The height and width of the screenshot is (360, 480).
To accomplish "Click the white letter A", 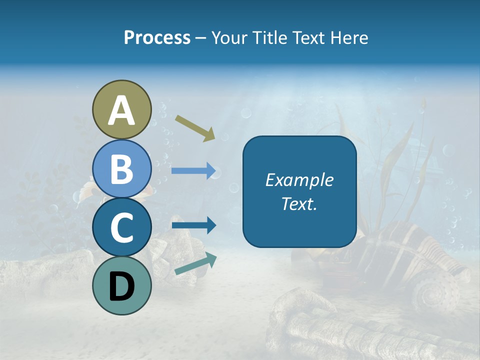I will point(121,110).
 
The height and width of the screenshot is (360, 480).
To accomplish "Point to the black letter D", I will point(121,286).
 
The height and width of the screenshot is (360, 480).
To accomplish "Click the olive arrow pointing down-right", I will point(195,127).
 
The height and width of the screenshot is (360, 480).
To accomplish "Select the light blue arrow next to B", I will point(193,171).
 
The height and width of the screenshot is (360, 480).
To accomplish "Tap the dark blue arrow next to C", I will point(193,225).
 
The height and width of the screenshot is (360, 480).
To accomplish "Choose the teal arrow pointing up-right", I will point(195,263).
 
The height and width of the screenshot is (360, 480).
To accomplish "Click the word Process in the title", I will point(157,37).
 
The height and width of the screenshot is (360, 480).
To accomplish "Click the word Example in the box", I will point(299,180).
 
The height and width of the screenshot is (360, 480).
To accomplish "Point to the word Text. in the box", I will point(299,203).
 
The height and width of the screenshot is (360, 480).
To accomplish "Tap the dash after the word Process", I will point(200,38).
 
